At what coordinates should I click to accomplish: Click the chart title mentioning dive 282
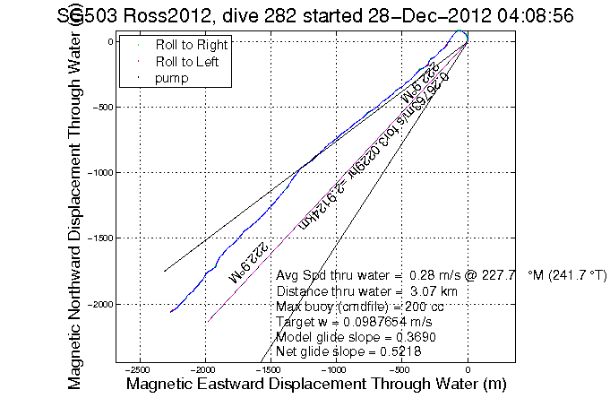pos(310,16)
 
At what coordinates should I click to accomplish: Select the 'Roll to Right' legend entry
pos(191,45)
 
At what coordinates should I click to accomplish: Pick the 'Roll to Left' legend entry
pos(189,62)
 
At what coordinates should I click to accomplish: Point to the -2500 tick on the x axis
pos(139,369)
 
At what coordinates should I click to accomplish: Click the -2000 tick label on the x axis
pos(204,369)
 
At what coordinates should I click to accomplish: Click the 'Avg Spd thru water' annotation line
pos(442,275)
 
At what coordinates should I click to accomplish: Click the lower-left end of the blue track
pos(170,312)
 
